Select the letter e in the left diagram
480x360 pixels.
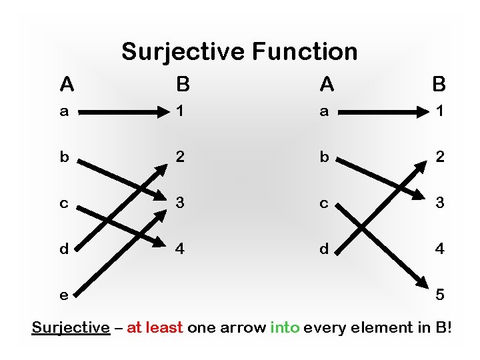pyautogui.click(x=64, y=294)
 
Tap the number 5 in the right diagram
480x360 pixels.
pyautogui.click(x=439, y=294)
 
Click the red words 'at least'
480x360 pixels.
pyautogui.click(x=155, y=327)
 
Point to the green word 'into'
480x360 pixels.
pyautogui.click(x=285, y=327)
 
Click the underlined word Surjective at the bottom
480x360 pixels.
pyautogui.click(x=71, y=327)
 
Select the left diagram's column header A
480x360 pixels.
pyautogui.click(x=66, y=85)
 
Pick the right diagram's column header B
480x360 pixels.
pyautogui.click(x=439, y=85)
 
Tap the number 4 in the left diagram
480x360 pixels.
pyautogui.click(x=179, y=249)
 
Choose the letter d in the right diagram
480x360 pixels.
pyautogui.click(x=325, y=249)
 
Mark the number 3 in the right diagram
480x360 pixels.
pyautogui.click(x=439, y=203)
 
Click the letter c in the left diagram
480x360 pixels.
pyautogui.click(x=64, y=203)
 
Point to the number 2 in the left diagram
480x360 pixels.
pyautogui.click(x=179, y=157)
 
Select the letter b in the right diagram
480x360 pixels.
pyautogui.click(x=325, y=157)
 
